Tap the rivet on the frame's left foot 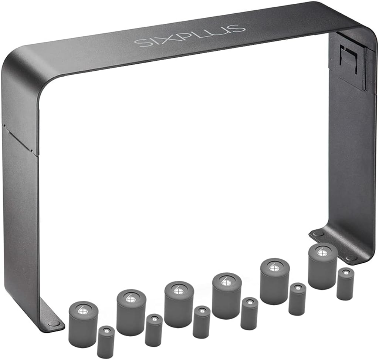[x=54, y=323]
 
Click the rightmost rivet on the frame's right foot [x=352, y=258]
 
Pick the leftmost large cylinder [x=83, y=324]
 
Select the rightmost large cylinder [x=322, y=266]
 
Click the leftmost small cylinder [x=106, y=342]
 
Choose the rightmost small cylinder [x=345, y=284]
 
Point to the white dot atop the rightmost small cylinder [x=345, y=273]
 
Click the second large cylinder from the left [x=131, y=313]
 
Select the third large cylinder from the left [x=179, y=305]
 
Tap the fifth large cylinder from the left [x=275, y=282]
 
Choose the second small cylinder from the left [x=153, y=330]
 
